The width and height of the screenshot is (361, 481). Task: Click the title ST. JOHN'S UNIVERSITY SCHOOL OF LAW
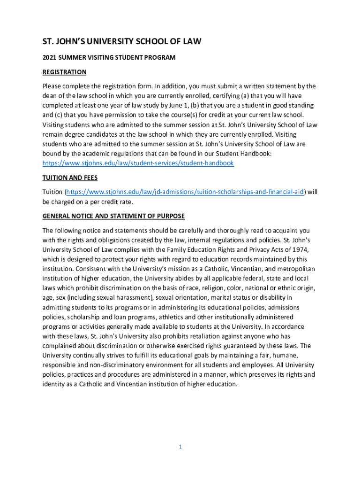point(122,42)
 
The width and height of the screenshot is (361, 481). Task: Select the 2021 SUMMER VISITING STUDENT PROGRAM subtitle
point(109,58)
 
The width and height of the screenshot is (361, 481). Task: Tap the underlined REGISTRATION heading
point(64,72)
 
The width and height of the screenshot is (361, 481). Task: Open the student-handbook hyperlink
point(138,163)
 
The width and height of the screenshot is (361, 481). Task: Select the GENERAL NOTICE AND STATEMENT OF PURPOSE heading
point(113,216)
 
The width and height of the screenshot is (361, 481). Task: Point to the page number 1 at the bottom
point(180,447)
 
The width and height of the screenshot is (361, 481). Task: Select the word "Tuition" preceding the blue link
point(52,192)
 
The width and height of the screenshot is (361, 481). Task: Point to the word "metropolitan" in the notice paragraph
point(295,269)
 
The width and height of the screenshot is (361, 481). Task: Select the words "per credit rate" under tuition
point(112,202)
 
